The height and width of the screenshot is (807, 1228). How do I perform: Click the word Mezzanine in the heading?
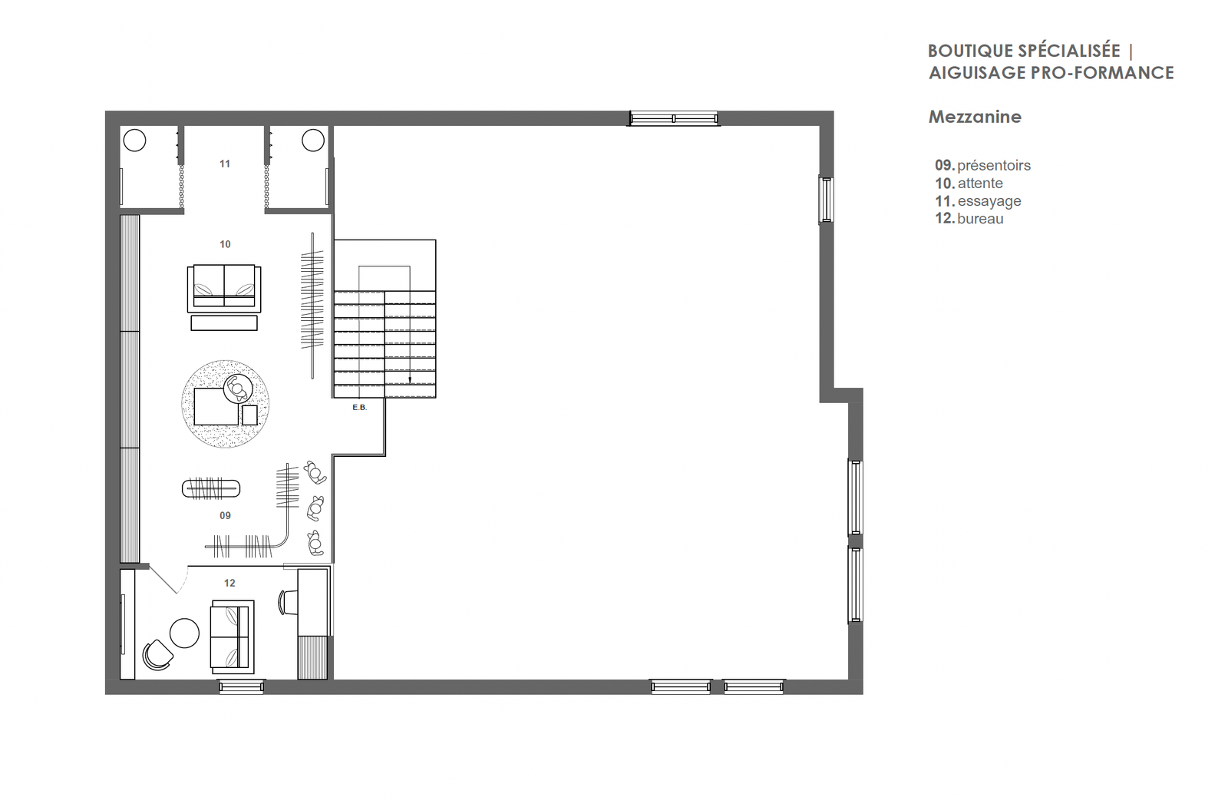[975, 117]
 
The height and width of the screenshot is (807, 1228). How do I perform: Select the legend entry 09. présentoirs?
[983, 165]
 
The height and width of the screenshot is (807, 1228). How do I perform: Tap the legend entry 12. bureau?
[969, 218]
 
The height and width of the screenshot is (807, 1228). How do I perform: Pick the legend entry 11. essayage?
[978, 200]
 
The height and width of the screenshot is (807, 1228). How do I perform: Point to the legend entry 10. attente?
[969, 184]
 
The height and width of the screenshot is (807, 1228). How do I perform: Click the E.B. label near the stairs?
[360, 407]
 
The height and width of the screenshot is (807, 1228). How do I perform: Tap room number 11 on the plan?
[225, 164]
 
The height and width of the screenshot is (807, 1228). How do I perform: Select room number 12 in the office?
[229, 583]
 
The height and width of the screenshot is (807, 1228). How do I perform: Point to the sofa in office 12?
[233, 637]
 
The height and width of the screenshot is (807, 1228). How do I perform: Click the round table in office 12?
[184, 633]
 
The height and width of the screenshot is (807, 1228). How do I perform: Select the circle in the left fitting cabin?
[134, 141]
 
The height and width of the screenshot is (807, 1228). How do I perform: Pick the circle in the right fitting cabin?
[313, 141]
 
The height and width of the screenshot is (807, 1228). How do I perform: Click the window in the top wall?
[673, 118]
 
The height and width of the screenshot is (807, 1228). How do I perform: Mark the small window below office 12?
[241, 686]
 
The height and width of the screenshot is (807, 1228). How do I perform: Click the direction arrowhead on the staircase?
[410, 379]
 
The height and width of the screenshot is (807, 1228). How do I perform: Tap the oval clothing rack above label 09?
[211, 488]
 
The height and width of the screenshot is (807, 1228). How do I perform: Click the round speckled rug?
[226, 404]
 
